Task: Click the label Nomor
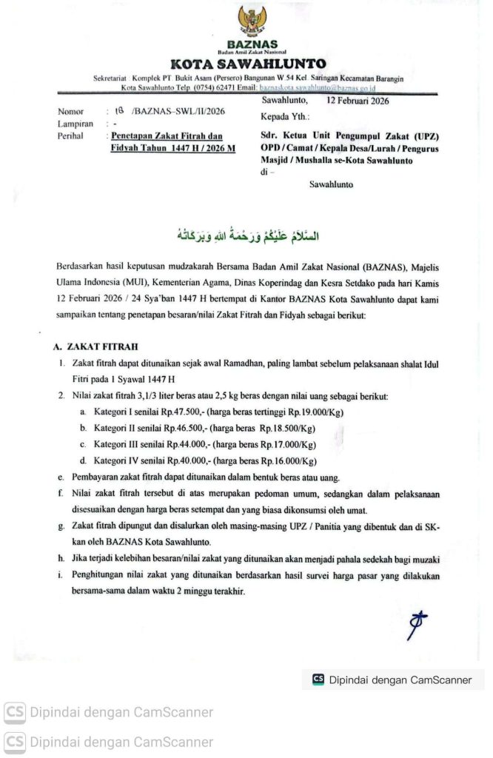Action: click(x=71, y=113)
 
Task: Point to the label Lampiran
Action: click(x=76, y=124)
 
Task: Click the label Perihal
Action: click(x=73, y=136)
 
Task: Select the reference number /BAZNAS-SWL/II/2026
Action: click(x=177, y=113)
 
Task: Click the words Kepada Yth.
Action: click(x=285, y=117)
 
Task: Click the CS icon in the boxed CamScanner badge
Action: click(x=318, y=680)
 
